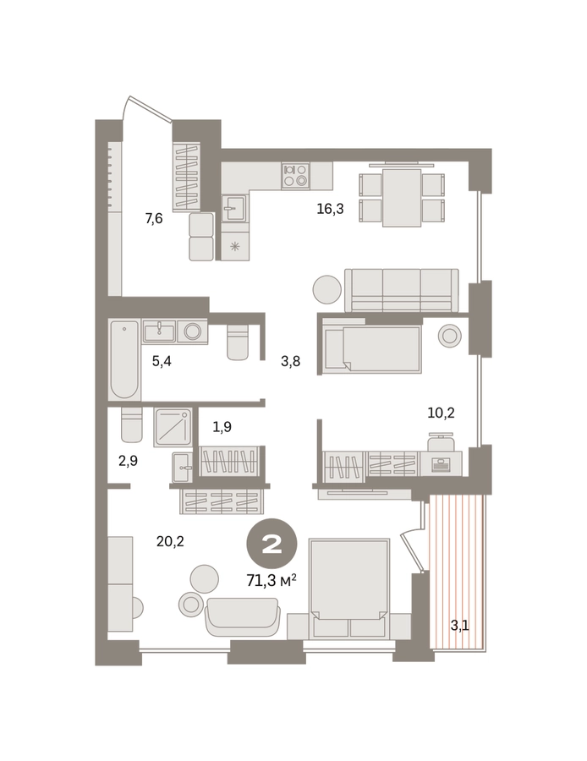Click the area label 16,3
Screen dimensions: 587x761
coord(330,209)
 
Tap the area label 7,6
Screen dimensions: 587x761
coord(153,218)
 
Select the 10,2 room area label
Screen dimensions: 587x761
coord(441,413)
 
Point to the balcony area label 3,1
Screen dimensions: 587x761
coord(459,626)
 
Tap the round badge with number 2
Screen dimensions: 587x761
coord(272,545)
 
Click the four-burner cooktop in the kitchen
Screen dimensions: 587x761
coord(296,176)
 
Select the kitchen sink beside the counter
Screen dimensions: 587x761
coord(234,207)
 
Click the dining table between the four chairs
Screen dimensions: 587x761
coord(401,198)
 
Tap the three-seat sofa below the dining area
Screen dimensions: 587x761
coord(401,290)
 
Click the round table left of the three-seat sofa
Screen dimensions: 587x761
coord(326,289)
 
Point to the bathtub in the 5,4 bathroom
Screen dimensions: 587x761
coord(123,359)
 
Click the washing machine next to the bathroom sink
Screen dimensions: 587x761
coord(192,331)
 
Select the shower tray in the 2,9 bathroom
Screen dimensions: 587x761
coord(173,427)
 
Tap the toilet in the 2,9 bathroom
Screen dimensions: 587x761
coord(132,424)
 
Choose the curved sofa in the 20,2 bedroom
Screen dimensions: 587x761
coord(241,617)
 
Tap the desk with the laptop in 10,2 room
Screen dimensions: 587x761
coord(441,463)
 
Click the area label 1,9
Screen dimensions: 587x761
coord(222,427)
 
